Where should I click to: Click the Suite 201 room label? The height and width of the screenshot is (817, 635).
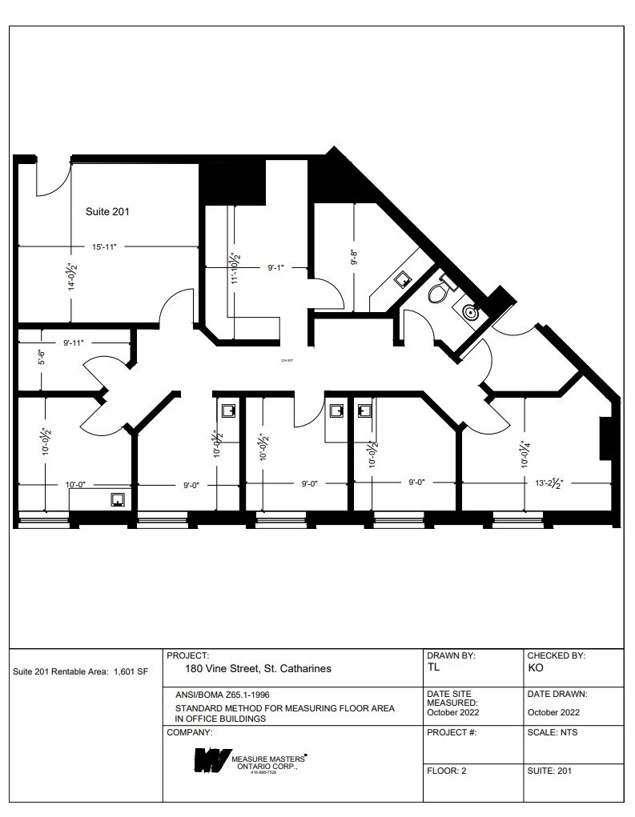click(x=107, y=212)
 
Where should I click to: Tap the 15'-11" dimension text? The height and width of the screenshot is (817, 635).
click(x=105, y=247)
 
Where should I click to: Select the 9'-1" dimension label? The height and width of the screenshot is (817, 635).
click(x=277, y=269)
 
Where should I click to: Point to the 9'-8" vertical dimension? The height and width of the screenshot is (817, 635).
click(x=353, y=258)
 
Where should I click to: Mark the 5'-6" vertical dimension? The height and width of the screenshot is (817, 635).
click(x=42, y=357)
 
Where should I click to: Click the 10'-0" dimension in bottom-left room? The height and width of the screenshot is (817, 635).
click(x=76, y=483)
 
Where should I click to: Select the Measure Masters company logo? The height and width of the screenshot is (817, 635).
click(x=211, y=760)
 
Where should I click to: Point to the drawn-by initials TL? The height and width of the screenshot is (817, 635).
click(x=433, y=667)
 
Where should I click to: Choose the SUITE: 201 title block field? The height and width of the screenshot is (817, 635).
click(x=549, y=771)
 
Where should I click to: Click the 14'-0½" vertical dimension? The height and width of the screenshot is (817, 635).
click(x=70, y=278)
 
